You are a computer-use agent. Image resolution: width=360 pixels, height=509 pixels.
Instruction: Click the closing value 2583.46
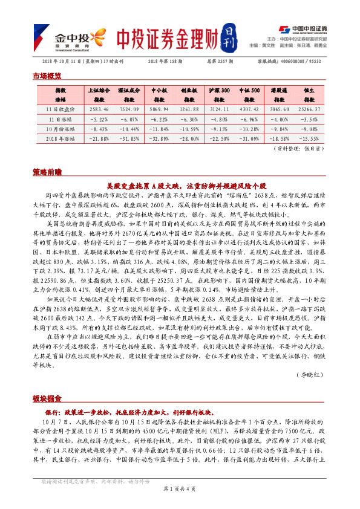click(x=98, y=109)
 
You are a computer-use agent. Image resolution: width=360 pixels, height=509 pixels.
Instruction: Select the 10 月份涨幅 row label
click(x=60, y=129)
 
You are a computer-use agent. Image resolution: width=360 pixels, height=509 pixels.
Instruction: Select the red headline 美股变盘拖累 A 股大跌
click(x=185, y=184)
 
